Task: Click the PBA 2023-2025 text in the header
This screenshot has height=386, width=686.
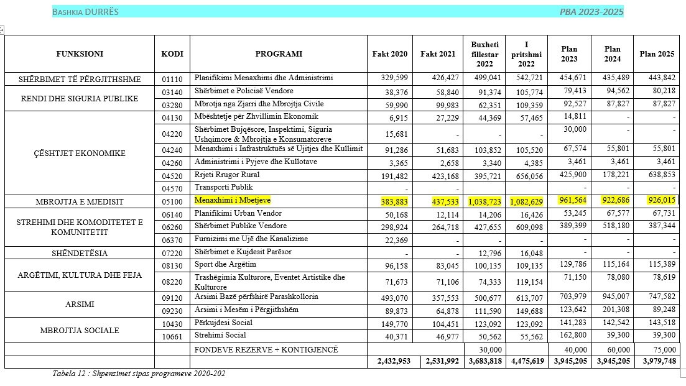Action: click(591, 12)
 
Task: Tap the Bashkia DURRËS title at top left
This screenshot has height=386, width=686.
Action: click(85, 12)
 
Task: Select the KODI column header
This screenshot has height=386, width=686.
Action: click(172, 53)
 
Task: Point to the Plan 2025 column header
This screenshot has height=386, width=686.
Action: click(657, 53)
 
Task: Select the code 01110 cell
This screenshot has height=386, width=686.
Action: click(172, 79)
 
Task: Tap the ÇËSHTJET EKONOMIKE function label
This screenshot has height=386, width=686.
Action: click(80, 153)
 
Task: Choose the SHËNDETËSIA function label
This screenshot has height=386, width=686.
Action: click(80, 253)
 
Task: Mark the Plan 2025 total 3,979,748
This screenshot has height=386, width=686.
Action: click(656, 361)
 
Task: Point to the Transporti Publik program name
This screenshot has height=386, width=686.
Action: click(225, 187)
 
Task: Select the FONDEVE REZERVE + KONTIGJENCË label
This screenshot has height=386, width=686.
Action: click(266, 349)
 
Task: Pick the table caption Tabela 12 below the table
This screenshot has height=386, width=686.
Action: click(139, 374)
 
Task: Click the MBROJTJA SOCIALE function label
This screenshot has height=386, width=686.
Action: click(80, 331)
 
